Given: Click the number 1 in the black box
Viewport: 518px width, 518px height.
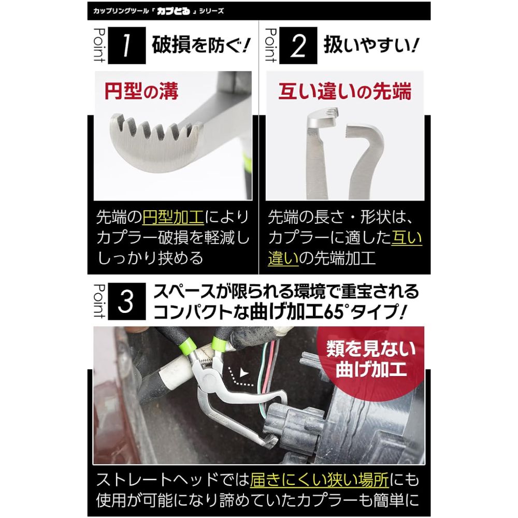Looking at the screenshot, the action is pos(127,46).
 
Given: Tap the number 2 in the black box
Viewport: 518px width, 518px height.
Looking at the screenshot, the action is pos(298,46).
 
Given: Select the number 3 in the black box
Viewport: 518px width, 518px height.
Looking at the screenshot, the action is pos(127,301).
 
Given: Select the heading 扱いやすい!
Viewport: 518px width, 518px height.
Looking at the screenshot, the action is pos(371,45).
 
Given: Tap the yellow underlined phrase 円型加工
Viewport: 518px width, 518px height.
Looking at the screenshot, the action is pos(173,217).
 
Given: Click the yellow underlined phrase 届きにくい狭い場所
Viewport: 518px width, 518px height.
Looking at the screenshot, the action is pos(320,480).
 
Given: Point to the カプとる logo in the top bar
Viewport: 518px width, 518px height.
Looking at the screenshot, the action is pos(174,11).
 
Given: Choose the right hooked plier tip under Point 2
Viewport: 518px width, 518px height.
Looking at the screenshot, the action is pos(365,159).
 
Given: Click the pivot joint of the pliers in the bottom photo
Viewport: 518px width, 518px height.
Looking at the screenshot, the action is pos(209,376).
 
